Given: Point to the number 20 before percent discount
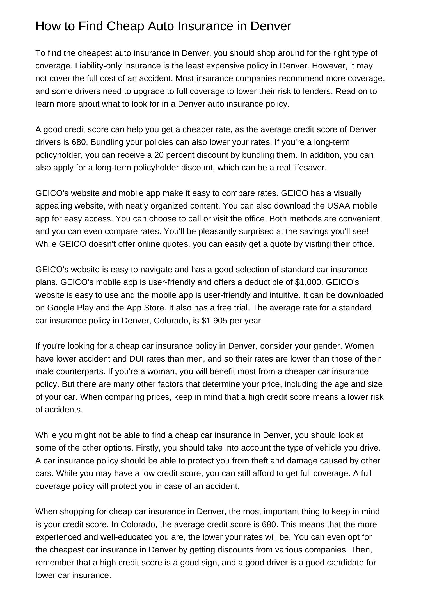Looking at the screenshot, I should [x=159, y=155].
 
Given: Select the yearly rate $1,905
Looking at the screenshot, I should [x=214, y=320].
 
